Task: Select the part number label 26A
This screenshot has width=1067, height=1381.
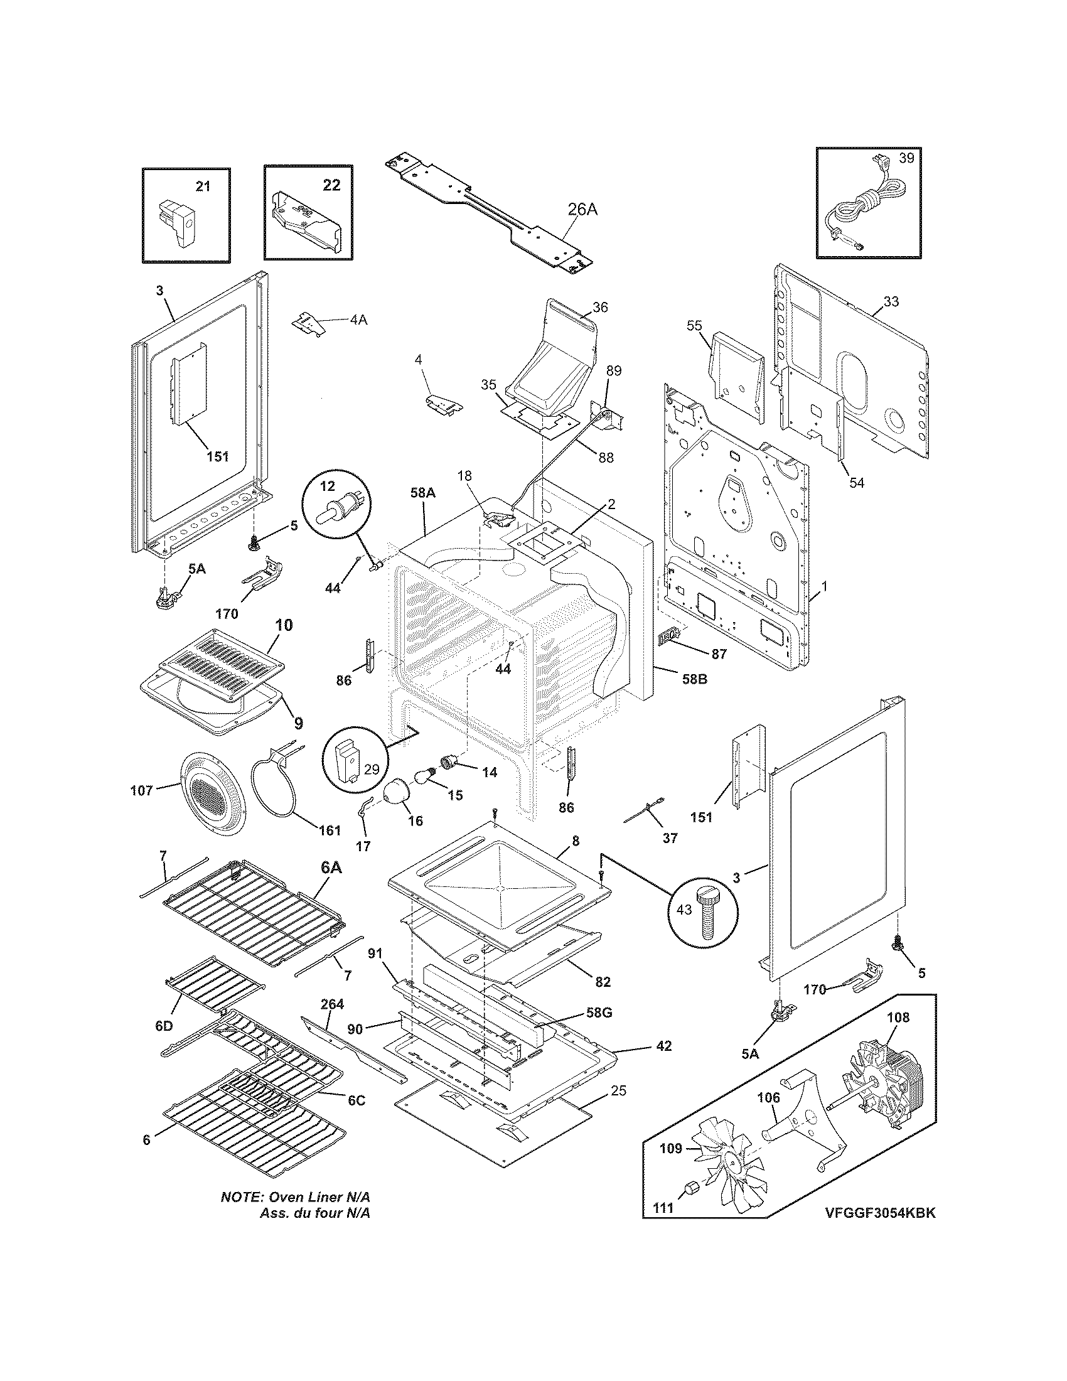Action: [x=582, y=210]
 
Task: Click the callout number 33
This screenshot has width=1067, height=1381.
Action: [x=890, y=301]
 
